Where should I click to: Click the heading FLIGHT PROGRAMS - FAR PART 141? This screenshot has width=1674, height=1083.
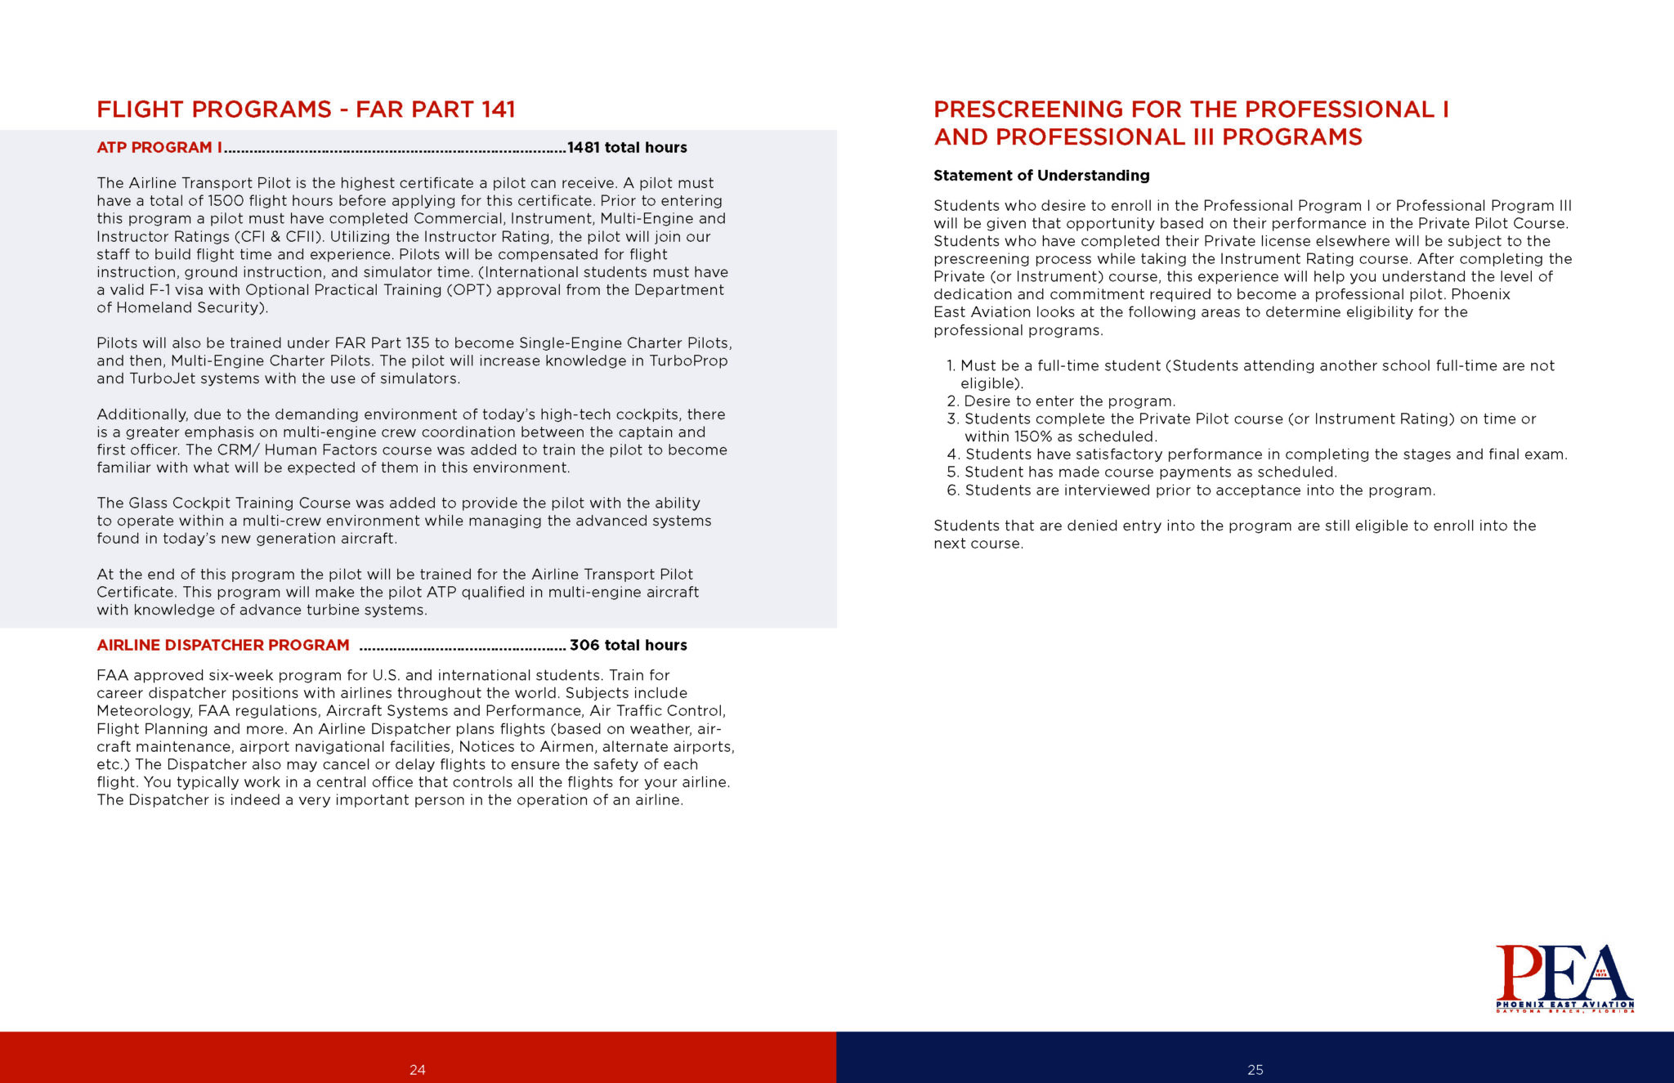pyautogui.click(x=306, y=110)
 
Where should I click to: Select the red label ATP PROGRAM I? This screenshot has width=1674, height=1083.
pyautogui.click(x=159, y=148)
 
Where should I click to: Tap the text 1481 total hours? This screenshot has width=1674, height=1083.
pyautogui.click(x=627, y=148)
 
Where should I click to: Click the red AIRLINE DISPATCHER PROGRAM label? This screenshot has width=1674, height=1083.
pyautogui.click(x=223, y=646)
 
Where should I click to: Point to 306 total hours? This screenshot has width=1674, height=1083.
pyautogui.click(x=628, y=646)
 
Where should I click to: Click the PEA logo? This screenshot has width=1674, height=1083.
pyautogui.click(x=1564, y=978)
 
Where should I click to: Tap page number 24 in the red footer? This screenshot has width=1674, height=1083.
pyautogui.click(x=418, y=1070)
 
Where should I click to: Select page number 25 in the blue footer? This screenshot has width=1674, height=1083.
pyautogui.click(x=1255, y=1070)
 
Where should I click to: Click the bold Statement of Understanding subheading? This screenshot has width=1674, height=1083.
pyautogui.click(x=1041, y=176)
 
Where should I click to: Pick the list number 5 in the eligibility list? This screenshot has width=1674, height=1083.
pyautogui.click(x=951, y=472)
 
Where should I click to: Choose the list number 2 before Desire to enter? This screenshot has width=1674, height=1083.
pyautogui.click(x=951, y=401)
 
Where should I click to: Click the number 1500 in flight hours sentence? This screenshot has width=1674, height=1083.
pyautogui.click(x=226, y=201)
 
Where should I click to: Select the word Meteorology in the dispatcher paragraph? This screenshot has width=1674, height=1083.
pyautogui.click(x=144, y=711)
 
